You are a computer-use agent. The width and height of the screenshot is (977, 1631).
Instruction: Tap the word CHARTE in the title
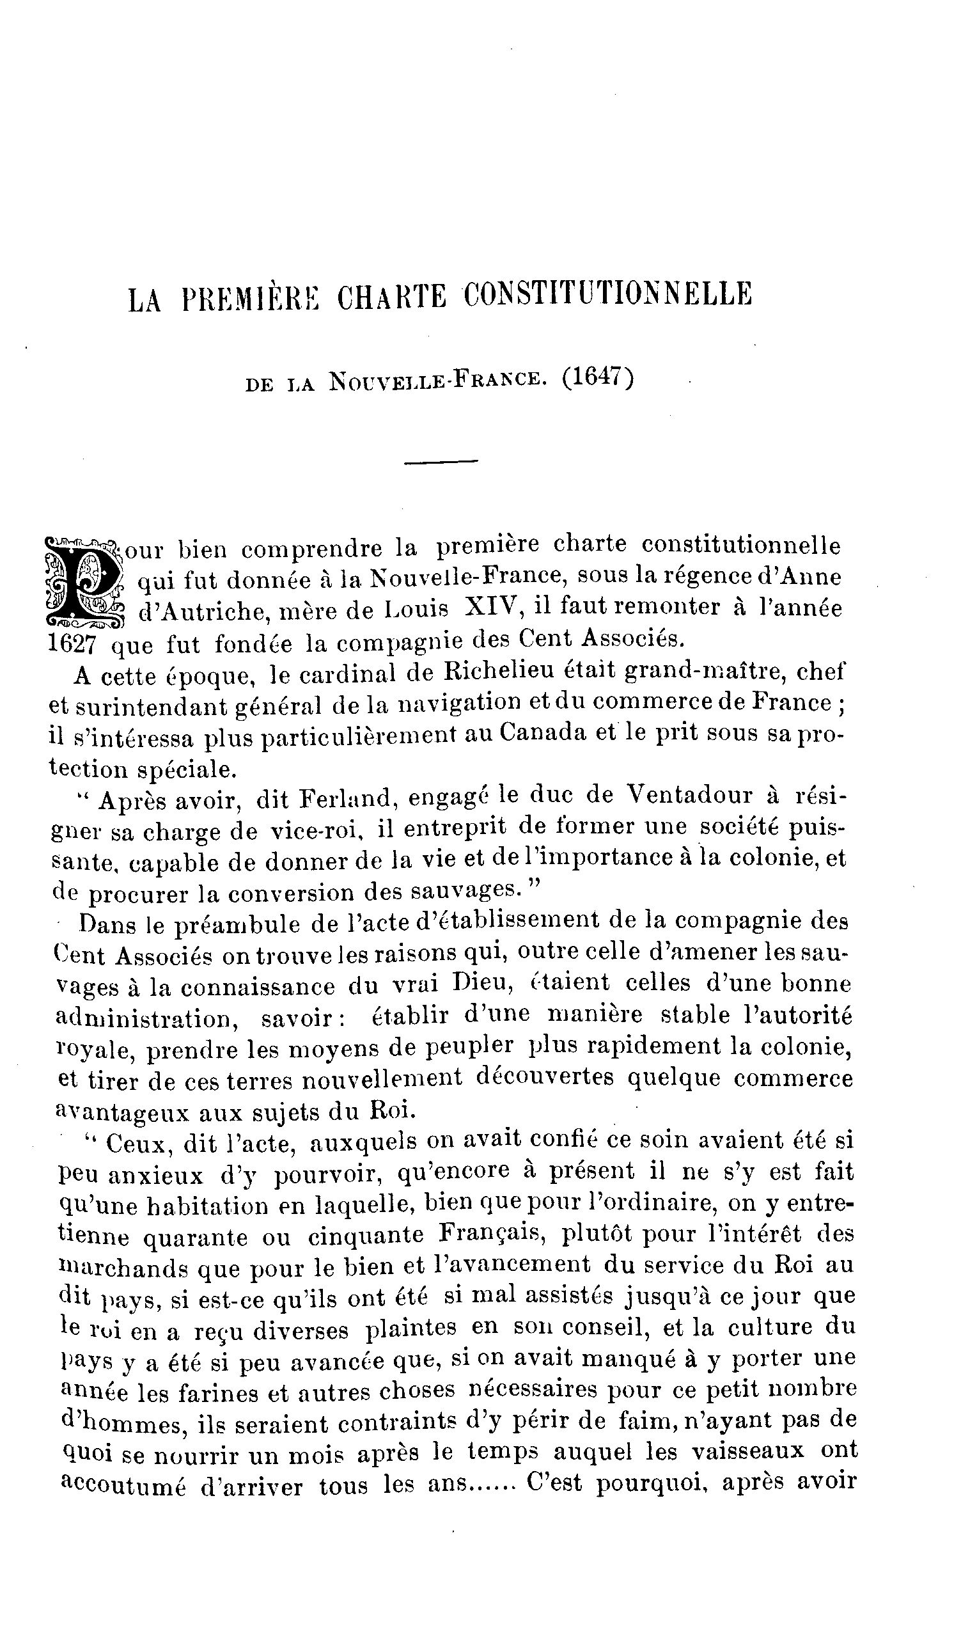tap(391, 296)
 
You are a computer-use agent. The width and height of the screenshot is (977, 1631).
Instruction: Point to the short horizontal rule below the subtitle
tap(441, 462)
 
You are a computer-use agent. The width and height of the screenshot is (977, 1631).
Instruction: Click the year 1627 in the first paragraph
tap(72, 643)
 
